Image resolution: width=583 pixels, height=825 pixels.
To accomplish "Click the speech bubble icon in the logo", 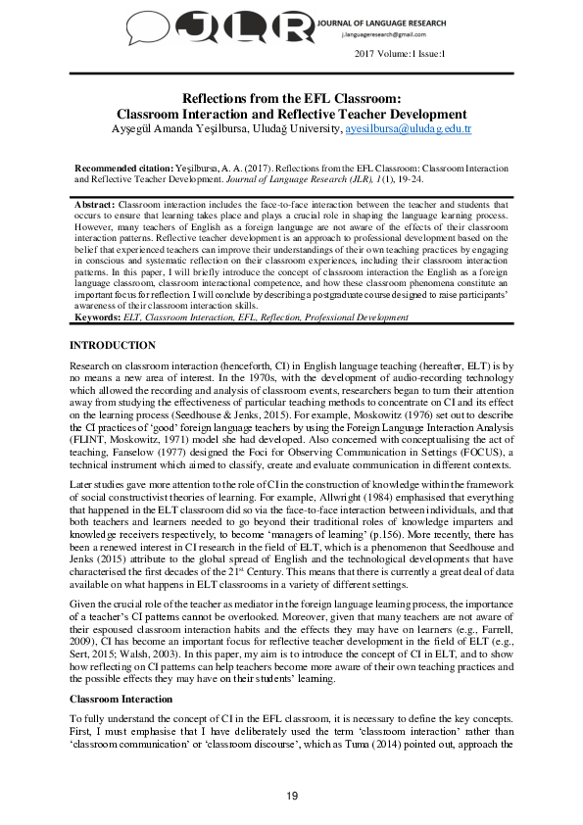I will click(x=158, y=26).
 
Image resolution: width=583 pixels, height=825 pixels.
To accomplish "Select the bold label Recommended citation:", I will click(x=123, y=169).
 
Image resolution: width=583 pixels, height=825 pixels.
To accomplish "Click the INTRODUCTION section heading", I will click(x=112, y=318).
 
